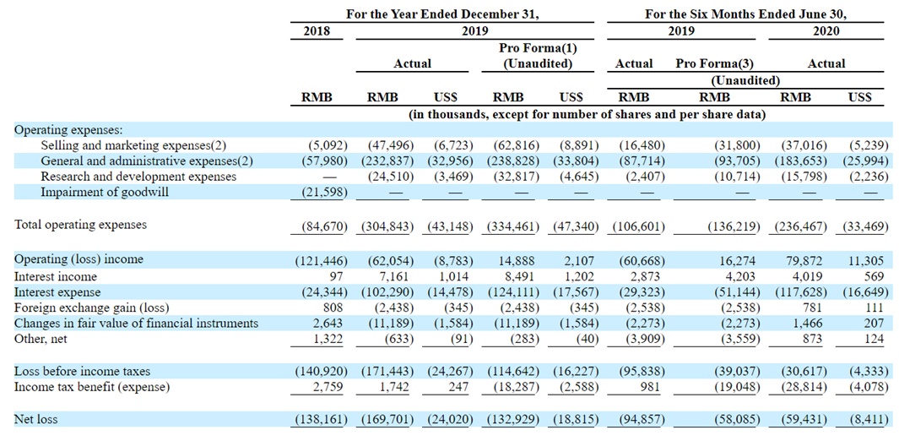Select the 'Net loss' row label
pos(35,420)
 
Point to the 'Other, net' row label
pos(41,339)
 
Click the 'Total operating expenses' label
pos(80,225)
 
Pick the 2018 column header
pos(317,31)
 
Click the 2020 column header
pos(826,31)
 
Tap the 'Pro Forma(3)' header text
pos(707,64)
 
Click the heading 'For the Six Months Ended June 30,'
pos(745,15)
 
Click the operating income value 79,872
pos(807,259)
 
